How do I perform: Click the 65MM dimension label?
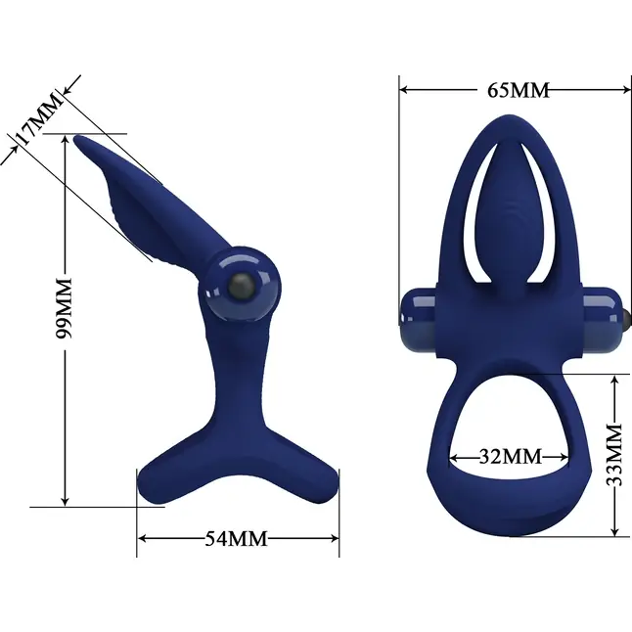point(519,90)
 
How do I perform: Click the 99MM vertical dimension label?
point(64,308)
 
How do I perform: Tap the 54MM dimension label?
point(236,538)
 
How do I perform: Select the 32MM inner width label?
point(511,457)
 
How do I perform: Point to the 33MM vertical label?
point(614,455)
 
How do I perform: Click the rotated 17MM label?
point(39,119)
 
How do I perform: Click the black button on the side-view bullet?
point(241,287)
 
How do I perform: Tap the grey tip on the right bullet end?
point(626,318)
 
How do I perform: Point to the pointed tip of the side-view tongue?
point(76,138)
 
